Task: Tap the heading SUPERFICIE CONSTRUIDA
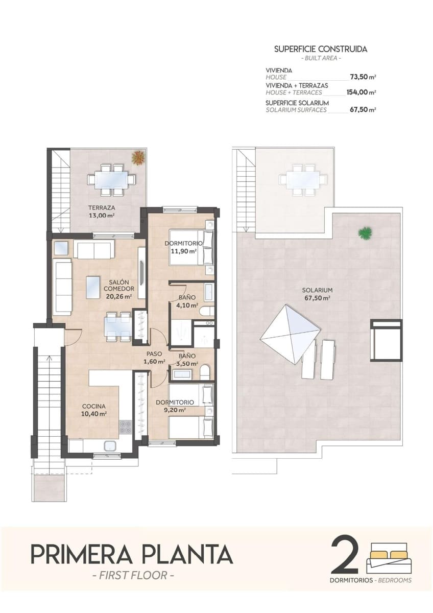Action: (x=321, y=50)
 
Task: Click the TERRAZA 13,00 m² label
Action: (x=101, y=211)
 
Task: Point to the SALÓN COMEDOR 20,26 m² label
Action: (x=118, y=289)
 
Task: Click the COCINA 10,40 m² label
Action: (x=94, y=410)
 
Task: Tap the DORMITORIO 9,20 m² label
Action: (x=175, y=406)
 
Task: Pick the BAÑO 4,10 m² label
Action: (x=186, y=302)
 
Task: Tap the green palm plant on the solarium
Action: (x=365, y=233)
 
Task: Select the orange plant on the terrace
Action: (x=137, y=158)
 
